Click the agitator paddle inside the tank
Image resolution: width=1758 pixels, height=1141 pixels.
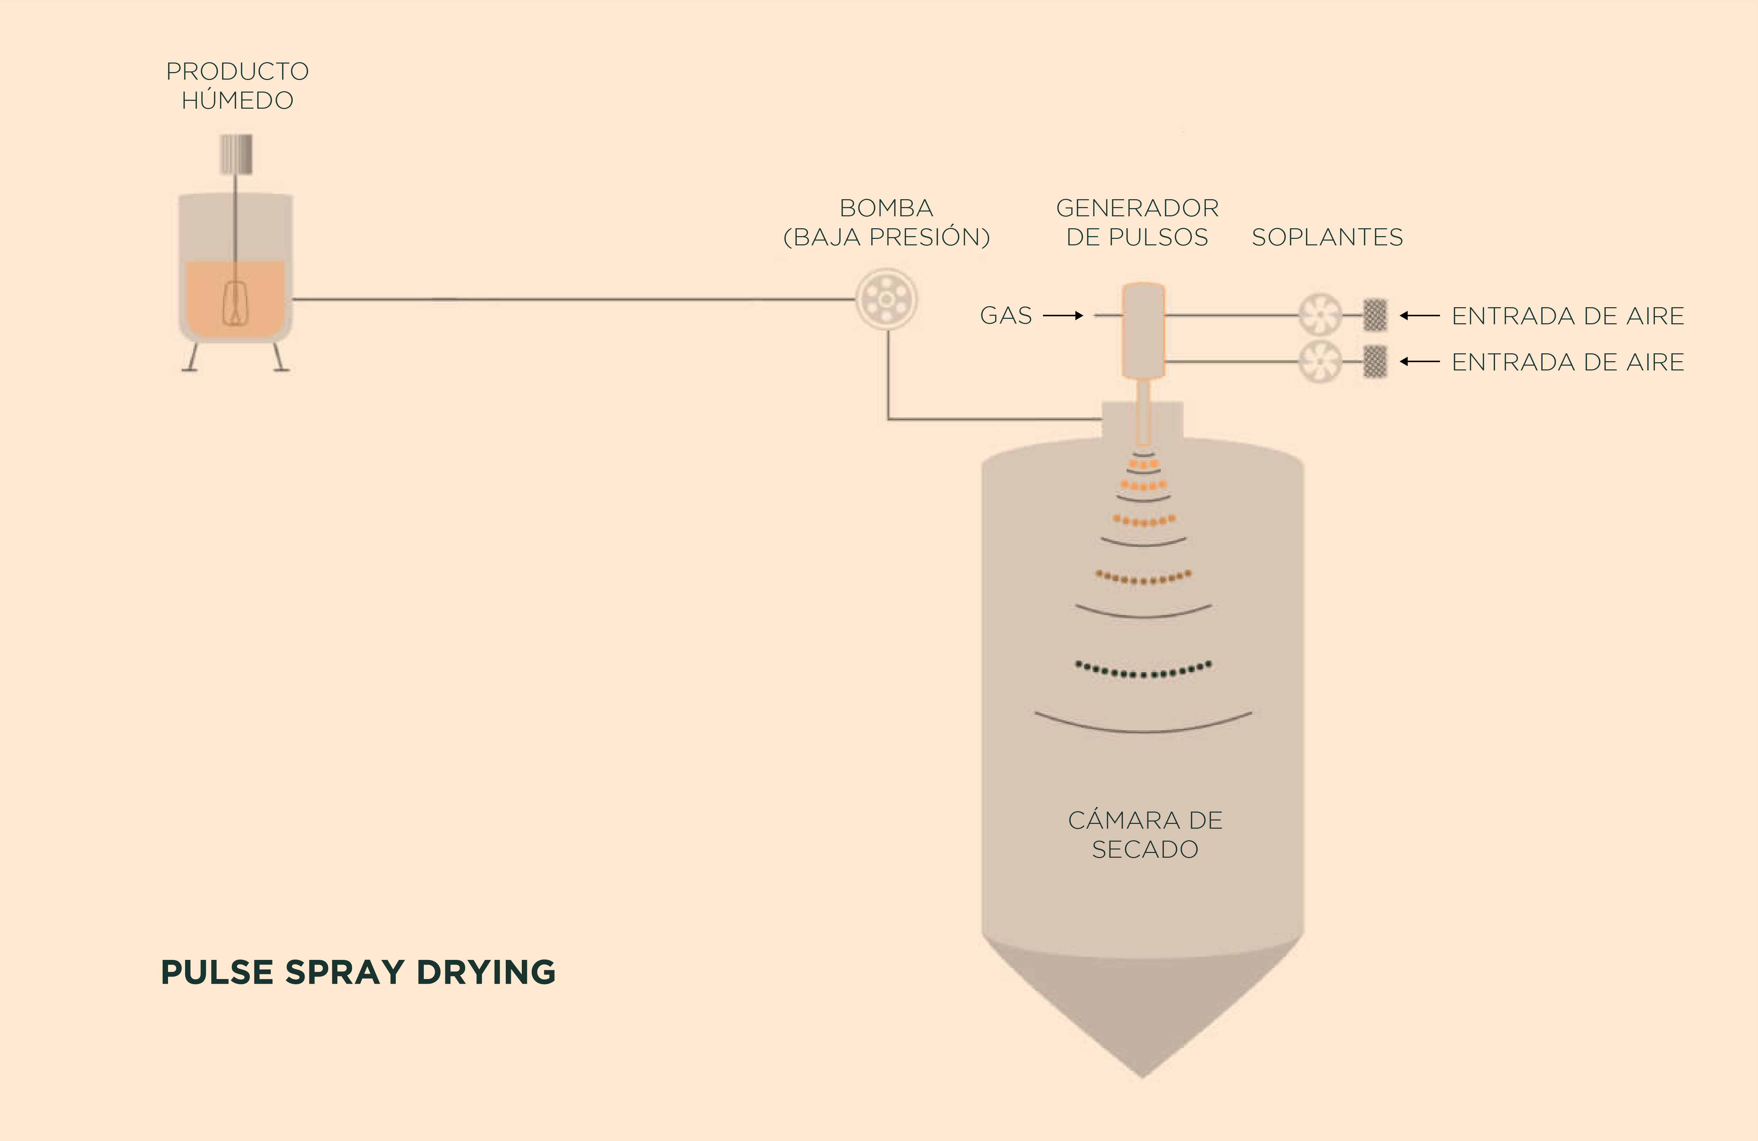coord(235,303)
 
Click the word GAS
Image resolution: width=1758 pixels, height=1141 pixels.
coord(1005,315)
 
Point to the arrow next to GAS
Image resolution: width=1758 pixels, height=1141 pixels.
coord(1063,315)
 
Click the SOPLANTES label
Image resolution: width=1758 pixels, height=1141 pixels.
coord(1327,237)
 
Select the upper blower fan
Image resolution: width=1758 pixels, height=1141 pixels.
coord(1320,315)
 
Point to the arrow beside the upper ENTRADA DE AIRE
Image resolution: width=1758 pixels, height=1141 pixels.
coord(1420,315)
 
